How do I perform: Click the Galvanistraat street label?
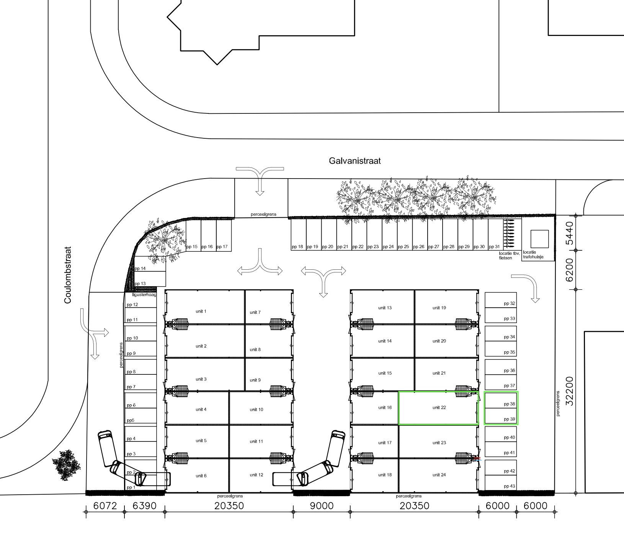(354, 161)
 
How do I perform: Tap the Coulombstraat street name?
(68, 275)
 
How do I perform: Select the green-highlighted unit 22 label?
(439, 408)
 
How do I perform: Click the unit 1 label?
(201, 311)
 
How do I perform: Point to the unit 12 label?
(256, 475)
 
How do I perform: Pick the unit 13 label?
(385, 308)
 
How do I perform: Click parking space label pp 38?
(510, 404)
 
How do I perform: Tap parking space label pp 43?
(510, 486)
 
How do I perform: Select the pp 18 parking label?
(297, 247)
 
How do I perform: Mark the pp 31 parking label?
(494, 247)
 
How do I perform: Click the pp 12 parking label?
(132, 305)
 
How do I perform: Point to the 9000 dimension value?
(322, 506)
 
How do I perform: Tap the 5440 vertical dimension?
(569, 233)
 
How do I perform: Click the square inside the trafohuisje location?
(539, 239)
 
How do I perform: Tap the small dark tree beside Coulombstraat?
(66, 464)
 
